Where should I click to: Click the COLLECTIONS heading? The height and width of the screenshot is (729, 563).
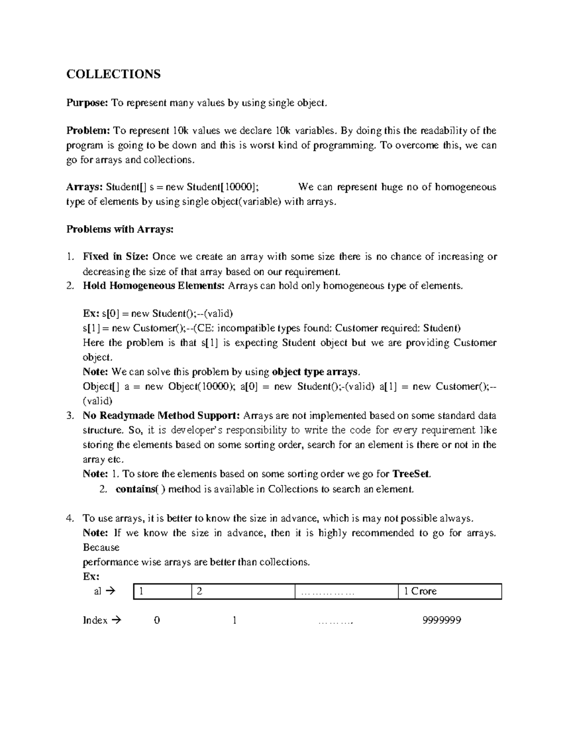tap(113, 74)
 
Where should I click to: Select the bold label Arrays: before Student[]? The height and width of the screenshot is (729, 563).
tap(84, 187)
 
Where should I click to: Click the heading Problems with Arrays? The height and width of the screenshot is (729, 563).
tap(120, 230)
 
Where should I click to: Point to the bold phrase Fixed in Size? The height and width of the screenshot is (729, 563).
tap(115, 257)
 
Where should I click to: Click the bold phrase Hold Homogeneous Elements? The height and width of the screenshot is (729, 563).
tap(154, 285)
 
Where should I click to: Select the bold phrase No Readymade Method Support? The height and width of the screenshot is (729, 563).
tap(161, 415)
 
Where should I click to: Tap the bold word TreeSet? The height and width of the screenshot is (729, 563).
tap(411, 474)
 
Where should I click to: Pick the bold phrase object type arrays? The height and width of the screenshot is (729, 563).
tap(316, 372)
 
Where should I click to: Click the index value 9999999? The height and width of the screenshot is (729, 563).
tap(441, 621)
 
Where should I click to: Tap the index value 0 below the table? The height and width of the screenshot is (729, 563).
tap(157, 621)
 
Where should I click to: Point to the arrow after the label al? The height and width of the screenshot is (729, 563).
tap(111, 591)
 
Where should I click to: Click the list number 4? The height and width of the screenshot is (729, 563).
tap(70, 519)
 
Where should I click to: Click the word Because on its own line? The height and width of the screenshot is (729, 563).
tap(101, 548)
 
